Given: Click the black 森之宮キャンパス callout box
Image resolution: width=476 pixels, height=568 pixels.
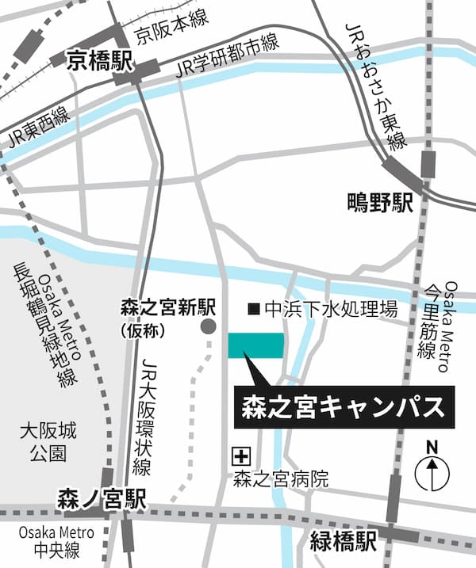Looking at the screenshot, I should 344,408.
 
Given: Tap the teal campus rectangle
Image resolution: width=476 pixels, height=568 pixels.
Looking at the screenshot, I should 255,346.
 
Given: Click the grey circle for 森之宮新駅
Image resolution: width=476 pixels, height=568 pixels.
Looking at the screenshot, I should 208,326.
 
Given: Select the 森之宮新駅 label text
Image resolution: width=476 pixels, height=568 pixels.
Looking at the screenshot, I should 168,305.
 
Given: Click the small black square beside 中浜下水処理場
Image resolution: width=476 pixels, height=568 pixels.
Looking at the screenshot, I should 253,308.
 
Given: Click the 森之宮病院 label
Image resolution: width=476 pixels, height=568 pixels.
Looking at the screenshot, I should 270,479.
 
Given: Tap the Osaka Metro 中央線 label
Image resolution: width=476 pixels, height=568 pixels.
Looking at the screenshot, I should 44,541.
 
